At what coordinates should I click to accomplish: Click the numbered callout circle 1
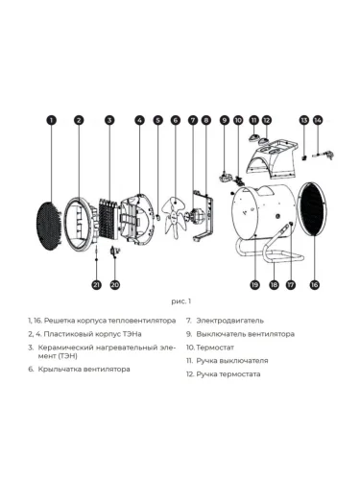click(51, 120)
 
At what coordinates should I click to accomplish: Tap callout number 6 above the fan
click(176, 120)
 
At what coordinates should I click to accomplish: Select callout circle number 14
click(318, 120)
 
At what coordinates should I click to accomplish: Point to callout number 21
click(96, 284)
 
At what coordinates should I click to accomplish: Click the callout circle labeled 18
click(274, 284)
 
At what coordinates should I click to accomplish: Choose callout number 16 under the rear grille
click(315, 284)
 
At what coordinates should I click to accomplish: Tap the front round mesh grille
click(49, 226)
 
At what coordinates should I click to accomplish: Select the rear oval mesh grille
click(313, 209)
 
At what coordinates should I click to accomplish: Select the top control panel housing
click(273, 159)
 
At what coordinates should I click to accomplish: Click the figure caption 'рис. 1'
click(180, 301)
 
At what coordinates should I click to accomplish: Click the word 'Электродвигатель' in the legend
click(229, 321)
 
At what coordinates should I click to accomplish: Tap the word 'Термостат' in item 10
click(215, 348)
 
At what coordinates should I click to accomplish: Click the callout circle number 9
click(225, 120)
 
